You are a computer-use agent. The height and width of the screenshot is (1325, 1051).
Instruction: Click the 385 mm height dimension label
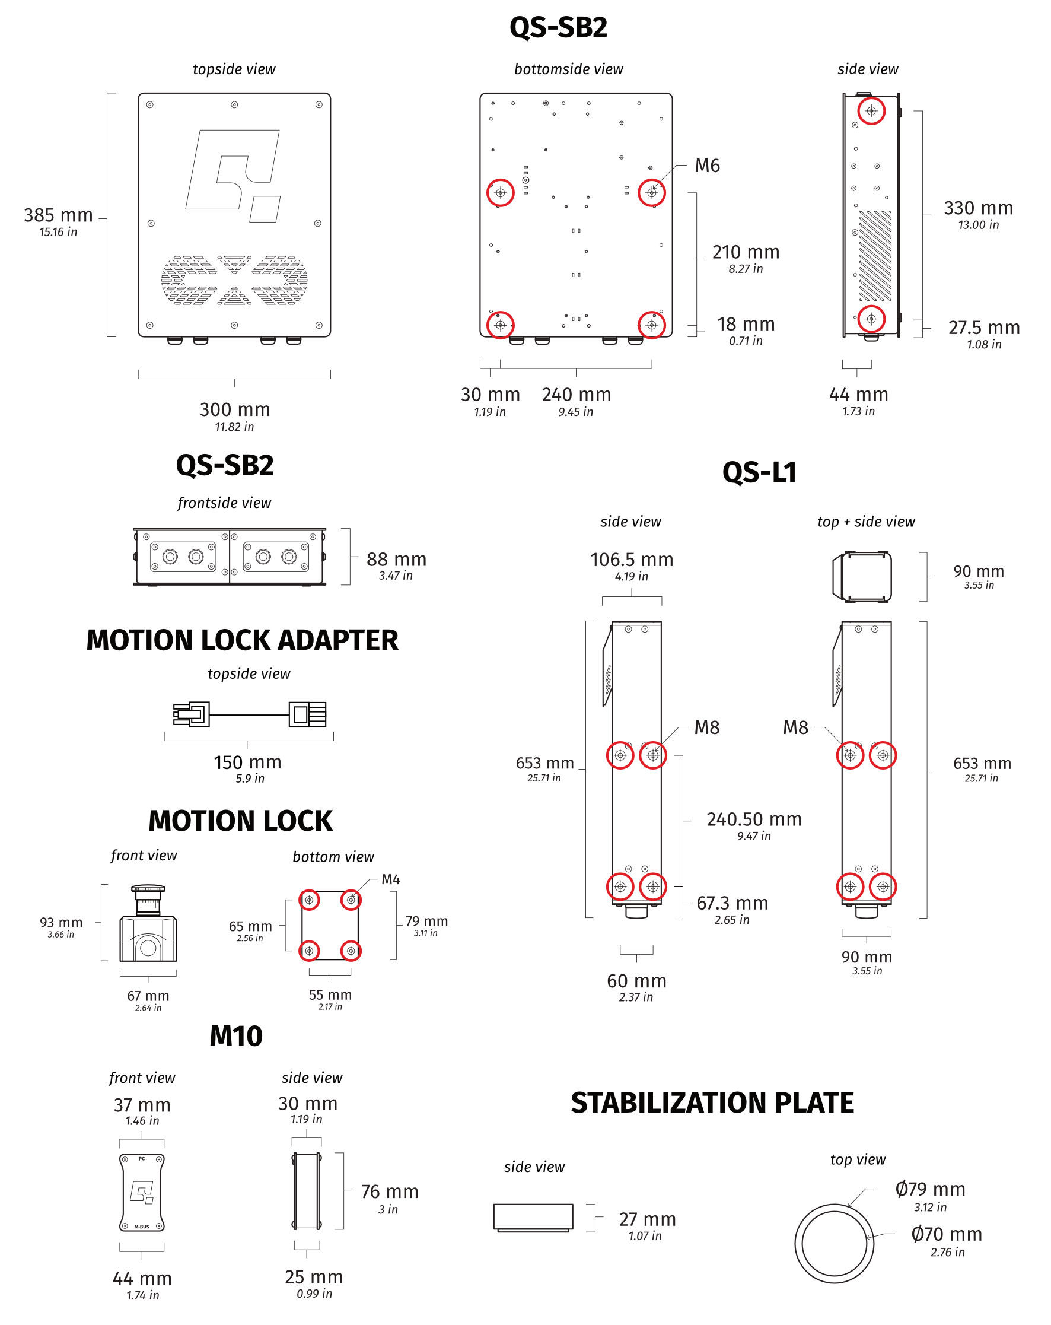58,216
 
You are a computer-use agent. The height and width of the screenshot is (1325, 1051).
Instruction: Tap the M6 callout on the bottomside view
707,166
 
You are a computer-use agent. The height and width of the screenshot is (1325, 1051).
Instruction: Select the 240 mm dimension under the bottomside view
576,395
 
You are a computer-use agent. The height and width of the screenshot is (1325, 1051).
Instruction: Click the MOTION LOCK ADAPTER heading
242,640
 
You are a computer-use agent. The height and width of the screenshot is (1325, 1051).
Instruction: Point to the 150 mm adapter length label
247,762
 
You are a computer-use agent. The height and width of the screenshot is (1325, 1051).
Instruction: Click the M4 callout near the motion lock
391,879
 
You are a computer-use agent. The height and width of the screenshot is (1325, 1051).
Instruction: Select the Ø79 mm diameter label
930,1189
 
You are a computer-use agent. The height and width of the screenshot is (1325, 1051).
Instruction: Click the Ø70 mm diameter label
947,1234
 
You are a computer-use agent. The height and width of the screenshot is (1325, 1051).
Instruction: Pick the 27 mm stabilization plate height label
647,1219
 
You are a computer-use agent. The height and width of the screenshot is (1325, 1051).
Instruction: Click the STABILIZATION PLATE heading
712,1103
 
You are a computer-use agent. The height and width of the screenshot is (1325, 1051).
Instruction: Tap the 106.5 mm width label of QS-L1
632,560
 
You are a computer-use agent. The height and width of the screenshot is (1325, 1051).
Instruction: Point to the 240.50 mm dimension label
754,820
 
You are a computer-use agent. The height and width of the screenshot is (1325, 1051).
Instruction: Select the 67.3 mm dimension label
732,903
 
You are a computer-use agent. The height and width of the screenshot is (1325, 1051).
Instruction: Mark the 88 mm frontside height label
396,560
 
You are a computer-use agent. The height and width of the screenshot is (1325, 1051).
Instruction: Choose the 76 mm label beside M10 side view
390,1192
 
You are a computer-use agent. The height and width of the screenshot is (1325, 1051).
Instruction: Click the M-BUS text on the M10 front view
142,1227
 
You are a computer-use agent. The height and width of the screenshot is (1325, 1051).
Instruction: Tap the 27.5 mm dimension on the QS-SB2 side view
983,328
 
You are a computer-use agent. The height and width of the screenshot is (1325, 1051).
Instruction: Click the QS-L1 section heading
759,472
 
